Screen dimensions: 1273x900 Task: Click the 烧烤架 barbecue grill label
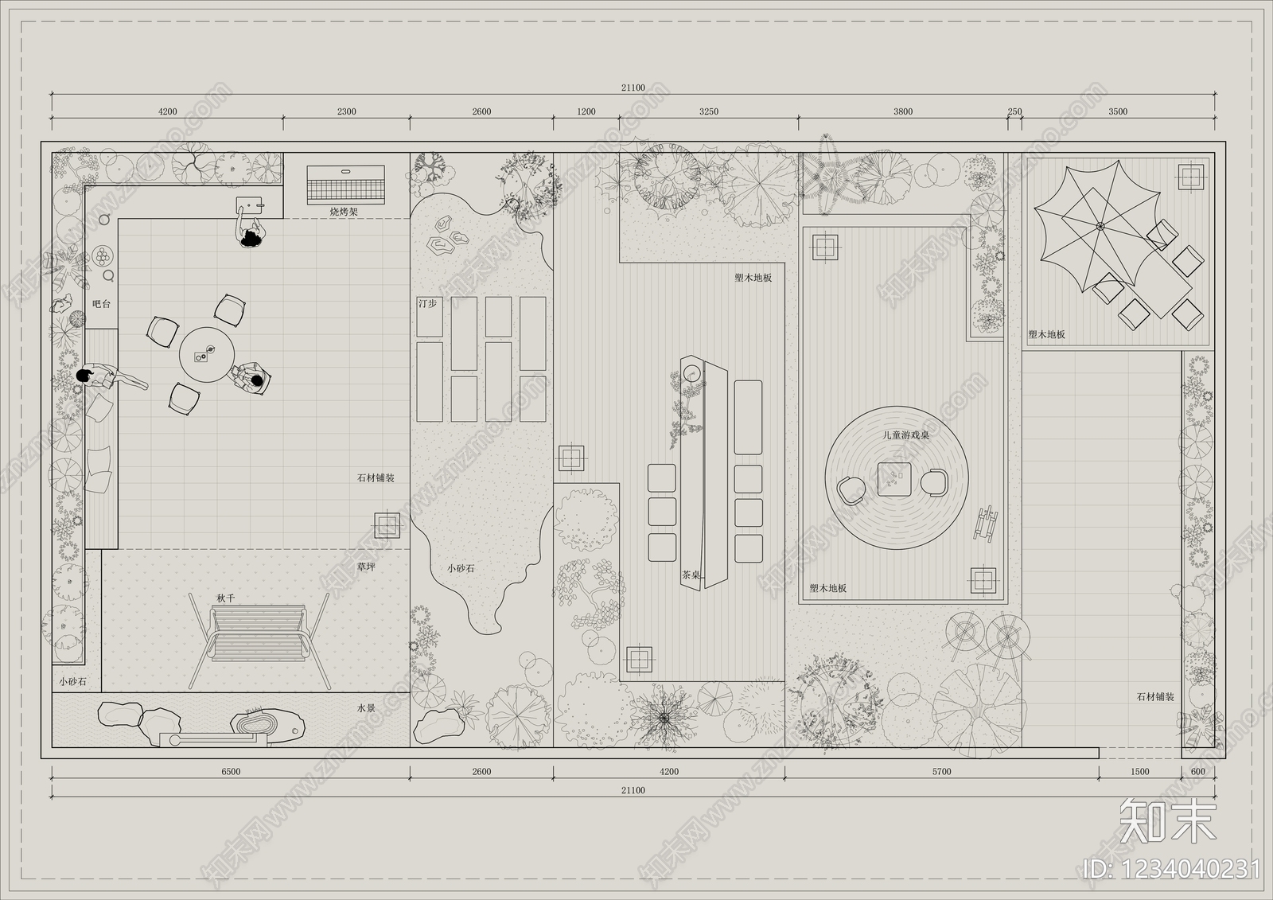(344, 212)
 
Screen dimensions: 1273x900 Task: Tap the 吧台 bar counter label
(101, 304)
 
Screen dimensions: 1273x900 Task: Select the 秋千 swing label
(226, 598)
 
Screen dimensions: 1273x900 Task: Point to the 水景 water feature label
(366, 708)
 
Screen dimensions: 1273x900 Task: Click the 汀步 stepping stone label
(427, 304)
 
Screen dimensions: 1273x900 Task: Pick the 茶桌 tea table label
(691, 575)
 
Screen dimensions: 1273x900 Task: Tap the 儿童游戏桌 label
(906, 435)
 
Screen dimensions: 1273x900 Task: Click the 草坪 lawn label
(366, 567)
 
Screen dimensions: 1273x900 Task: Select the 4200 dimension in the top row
(168, 111)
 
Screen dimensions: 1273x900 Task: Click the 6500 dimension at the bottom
(231, 772)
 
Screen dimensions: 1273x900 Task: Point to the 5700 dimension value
(942, 772)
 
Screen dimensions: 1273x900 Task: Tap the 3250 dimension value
(709, 111)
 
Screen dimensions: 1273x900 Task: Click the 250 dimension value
(1014, 111)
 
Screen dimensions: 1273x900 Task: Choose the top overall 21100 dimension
(633, 88)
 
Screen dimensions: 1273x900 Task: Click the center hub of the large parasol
(1100, 226)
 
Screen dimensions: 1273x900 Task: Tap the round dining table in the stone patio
(207, 354)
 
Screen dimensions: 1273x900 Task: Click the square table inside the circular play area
(894, 479)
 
